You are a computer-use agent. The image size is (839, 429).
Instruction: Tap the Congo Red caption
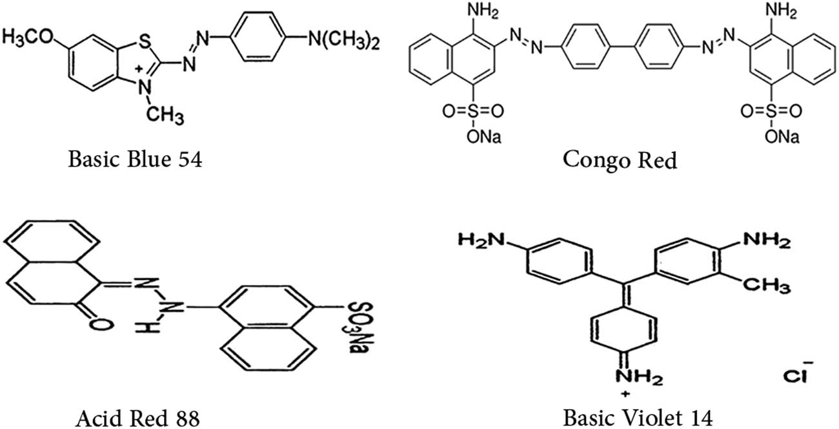(620, 158)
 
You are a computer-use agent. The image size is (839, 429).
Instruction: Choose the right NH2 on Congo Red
(778, 11)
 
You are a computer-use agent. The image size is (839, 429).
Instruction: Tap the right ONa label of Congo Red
(783, 137)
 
